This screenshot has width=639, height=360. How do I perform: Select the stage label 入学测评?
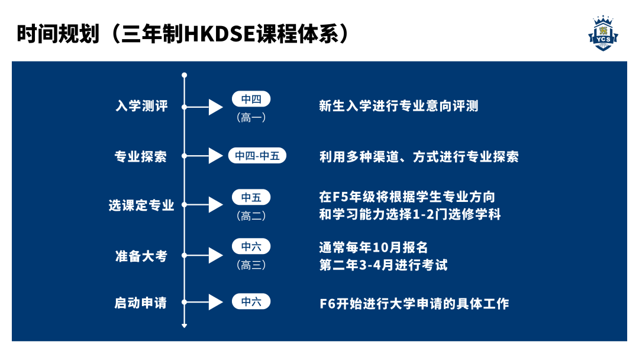[142, 107]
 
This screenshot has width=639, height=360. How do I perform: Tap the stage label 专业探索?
[141, 157]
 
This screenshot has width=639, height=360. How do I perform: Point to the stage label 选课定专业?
[141, 205]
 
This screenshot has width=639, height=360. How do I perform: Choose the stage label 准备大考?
[141, 256]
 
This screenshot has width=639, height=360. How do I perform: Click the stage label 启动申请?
[141, 303]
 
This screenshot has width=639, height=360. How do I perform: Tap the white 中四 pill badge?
[251, 99]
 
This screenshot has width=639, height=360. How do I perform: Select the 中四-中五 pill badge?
[257, 156]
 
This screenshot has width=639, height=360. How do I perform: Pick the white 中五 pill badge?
[251, 197]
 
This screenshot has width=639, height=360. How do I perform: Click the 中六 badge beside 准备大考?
[251, 247]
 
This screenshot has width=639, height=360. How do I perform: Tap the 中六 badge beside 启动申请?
[251, 301]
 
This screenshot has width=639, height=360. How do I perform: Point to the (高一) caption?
[251, 117]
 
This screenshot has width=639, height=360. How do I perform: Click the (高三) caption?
[251, 265]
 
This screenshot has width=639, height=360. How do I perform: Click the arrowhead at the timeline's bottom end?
[185, 325]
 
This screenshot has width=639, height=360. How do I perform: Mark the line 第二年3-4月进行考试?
[383, 265]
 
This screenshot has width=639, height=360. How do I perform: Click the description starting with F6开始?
[414, 304]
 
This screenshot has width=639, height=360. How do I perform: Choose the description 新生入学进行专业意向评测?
[398, 107]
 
